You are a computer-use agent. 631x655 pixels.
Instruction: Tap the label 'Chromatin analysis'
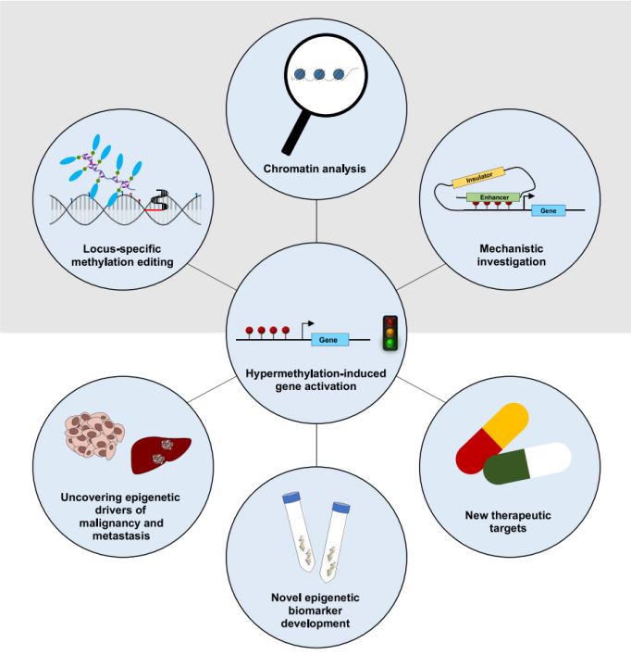click(x=315, y=170)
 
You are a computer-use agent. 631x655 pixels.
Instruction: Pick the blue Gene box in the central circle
click(x=328, y=340)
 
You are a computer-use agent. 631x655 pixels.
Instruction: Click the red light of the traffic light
click(x=390, y=323)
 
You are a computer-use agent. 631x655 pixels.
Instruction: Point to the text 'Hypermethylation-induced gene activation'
click(x=315, y=379)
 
